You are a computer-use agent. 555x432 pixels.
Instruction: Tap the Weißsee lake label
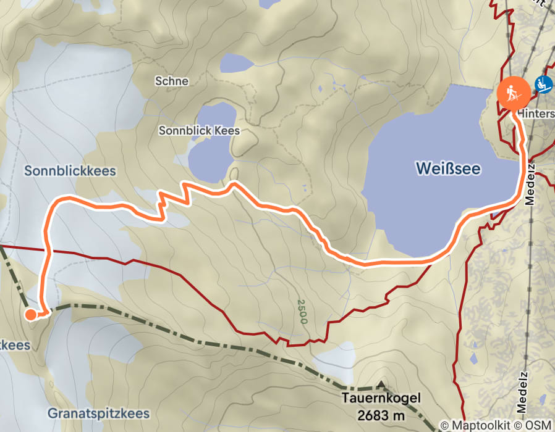448,168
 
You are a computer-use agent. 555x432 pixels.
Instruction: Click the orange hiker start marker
513,93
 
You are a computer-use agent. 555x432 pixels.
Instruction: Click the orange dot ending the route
30,315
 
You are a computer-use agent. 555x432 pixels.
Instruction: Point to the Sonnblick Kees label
198,131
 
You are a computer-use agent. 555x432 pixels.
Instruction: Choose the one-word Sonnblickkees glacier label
70,171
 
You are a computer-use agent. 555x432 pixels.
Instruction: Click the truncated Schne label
172,81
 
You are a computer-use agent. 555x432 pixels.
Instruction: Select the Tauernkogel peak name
381,399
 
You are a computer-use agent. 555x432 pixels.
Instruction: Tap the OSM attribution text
538,425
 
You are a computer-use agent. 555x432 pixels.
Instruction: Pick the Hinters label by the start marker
535,114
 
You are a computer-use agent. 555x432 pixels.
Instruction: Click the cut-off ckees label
14,346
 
